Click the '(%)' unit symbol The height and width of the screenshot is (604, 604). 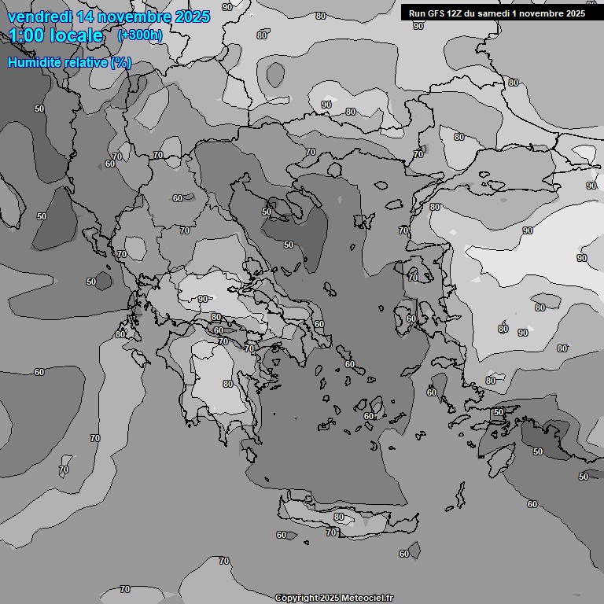pyautogui.click(x=121, y=62)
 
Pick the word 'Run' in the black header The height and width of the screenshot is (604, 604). pyautogui.click(x=417, y=13)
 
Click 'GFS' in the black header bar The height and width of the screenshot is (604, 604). pyautogui.click(x=436, y=13)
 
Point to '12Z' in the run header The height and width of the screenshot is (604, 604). pyautogui.click(x=457, y=13)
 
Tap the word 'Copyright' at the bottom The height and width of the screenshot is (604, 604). pyautogui.click(x=296, y=598)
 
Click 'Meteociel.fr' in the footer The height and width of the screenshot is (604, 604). pyautogui.click(x=366, y=598)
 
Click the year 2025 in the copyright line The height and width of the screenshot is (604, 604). pyautogui.click(x=330, y=598)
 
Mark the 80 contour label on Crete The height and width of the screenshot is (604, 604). pyautogui.click(x=339, y=517)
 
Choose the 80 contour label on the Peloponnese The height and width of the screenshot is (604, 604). pyautogui.click(x=227, y=384)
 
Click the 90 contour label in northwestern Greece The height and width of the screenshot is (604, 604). pyautogui.click(x=203, y=299)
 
